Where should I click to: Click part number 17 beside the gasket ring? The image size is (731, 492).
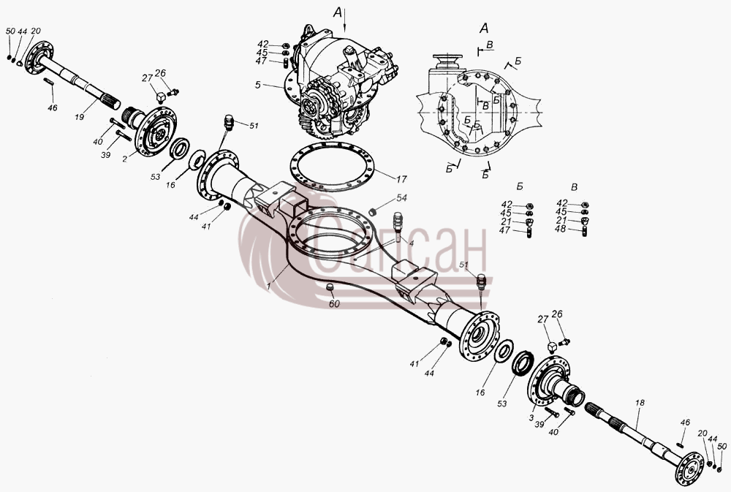coord(401,178)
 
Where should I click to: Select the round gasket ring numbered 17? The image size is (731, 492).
coord(332,167)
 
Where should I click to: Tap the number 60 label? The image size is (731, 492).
coord(334,303)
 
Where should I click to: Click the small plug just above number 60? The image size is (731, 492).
coord(330,287)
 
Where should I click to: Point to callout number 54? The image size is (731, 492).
coord(401,197)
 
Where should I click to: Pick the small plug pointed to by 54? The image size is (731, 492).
coord(373,212)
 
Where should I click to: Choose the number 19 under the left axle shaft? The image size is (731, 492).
coord(79,117)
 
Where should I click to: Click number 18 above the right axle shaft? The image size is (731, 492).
coord(640,403)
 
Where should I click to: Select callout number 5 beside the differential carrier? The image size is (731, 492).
coord(258,85)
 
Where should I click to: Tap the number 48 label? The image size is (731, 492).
coord(560,229)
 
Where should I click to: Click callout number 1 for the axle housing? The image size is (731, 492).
coord(268,287)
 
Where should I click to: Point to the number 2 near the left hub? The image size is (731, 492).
coord(124,159)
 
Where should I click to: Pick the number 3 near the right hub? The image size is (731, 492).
coord(531,418)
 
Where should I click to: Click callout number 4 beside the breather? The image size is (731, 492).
coord(411,243)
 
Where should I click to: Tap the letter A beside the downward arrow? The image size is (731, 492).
coord(337,13)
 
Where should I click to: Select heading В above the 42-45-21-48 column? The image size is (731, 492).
coord(574,187)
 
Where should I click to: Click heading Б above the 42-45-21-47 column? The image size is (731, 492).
coord(520,186)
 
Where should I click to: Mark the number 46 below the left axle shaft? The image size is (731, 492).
coord(52,107)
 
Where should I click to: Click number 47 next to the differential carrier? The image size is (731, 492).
coord(261,61)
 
